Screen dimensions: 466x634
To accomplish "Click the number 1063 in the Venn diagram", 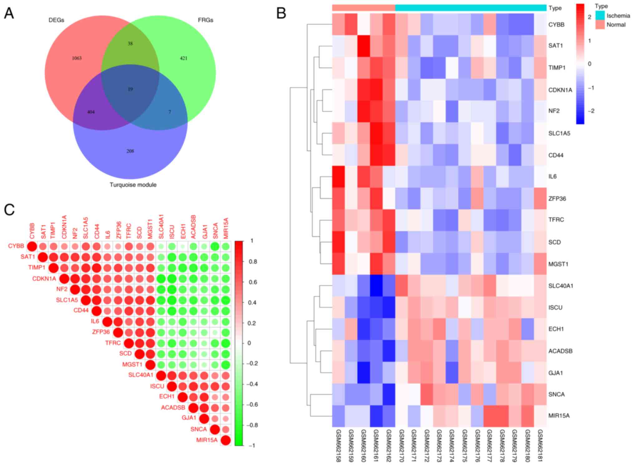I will pos(77,58).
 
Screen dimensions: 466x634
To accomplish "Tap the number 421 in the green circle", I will pos(183,58).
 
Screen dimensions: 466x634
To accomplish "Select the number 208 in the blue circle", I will pos(130,151).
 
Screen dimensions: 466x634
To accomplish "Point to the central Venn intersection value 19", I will pos(130,89).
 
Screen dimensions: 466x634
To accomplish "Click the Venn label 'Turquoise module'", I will pos(133,185).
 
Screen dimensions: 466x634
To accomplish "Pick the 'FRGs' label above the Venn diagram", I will pos(206,20).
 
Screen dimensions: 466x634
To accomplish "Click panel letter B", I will pos(281,13).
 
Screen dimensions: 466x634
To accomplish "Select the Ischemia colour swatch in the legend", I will pos(600,15).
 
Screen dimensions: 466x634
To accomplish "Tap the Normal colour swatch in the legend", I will pos(600,25).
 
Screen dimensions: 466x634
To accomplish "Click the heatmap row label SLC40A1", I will pos(561,286).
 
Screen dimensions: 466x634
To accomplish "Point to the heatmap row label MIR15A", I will pos(559,416).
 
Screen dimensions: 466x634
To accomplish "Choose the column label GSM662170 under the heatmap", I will pos(402,445).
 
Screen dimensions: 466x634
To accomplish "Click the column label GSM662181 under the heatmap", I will pos(540,445).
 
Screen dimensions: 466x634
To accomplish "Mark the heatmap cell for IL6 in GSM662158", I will pos(339,176).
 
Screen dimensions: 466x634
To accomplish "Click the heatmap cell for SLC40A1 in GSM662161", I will pos(376,286).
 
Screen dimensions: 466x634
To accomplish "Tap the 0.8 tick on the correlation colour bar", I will pos(253,262).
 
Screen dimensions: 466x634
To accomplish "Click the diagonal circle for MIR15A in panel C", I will pos(225,440).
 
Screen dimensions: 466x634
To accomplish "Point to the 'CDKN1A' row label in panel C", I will pos(44,279).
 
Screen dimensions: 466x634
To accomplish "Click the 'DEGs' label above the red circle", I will pos(56,20).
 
